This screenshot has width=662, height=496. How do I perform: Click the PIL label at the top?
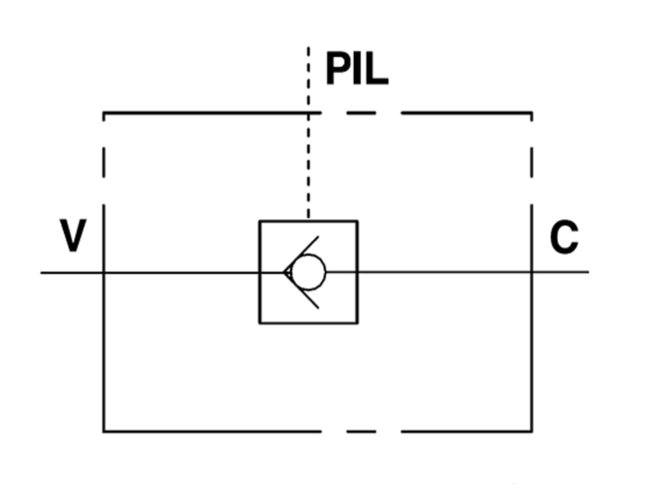coord(357,68)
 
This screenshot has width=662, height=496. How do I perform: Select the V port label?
coord(73,235)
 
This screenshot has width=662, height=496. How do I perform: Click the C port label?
coord(564,237)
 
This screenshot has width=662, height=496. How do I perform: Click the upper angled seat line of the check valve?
coord(301,255)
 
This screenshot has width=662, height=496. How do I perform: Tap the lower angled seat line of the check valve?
coord(301,291)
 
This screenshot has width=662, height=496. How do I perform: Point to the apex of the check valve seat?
coord(283,272)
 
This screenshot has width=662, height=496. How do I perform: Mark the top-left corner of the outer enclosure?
coord(104,113)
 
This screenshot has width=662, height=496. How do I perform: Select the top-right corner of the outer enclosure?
coord(531,113)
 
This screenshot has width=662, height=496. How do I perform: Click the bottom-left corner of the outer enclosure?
coord(104,432)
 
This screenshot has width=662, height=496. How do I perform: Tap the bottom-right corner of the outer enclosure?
coord(531,432)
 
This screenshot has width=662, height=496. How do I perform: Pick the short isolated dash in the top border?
coord(361,113)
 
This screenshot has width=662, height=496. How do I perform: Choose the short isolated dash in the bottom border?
coord(361,432)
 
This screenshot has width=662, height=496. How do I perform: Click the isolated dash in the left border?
coord(104,162)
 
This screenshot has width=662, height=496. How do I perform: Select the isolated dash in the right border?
coord(531,162)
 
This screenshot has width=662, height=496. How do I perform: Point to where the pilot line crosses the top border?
coord(308,113)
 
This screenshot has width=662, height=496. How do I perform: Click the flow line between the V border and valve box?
coord(181,273)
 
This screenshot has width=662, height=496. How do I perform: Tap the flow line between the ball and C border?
coord(429,272)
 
